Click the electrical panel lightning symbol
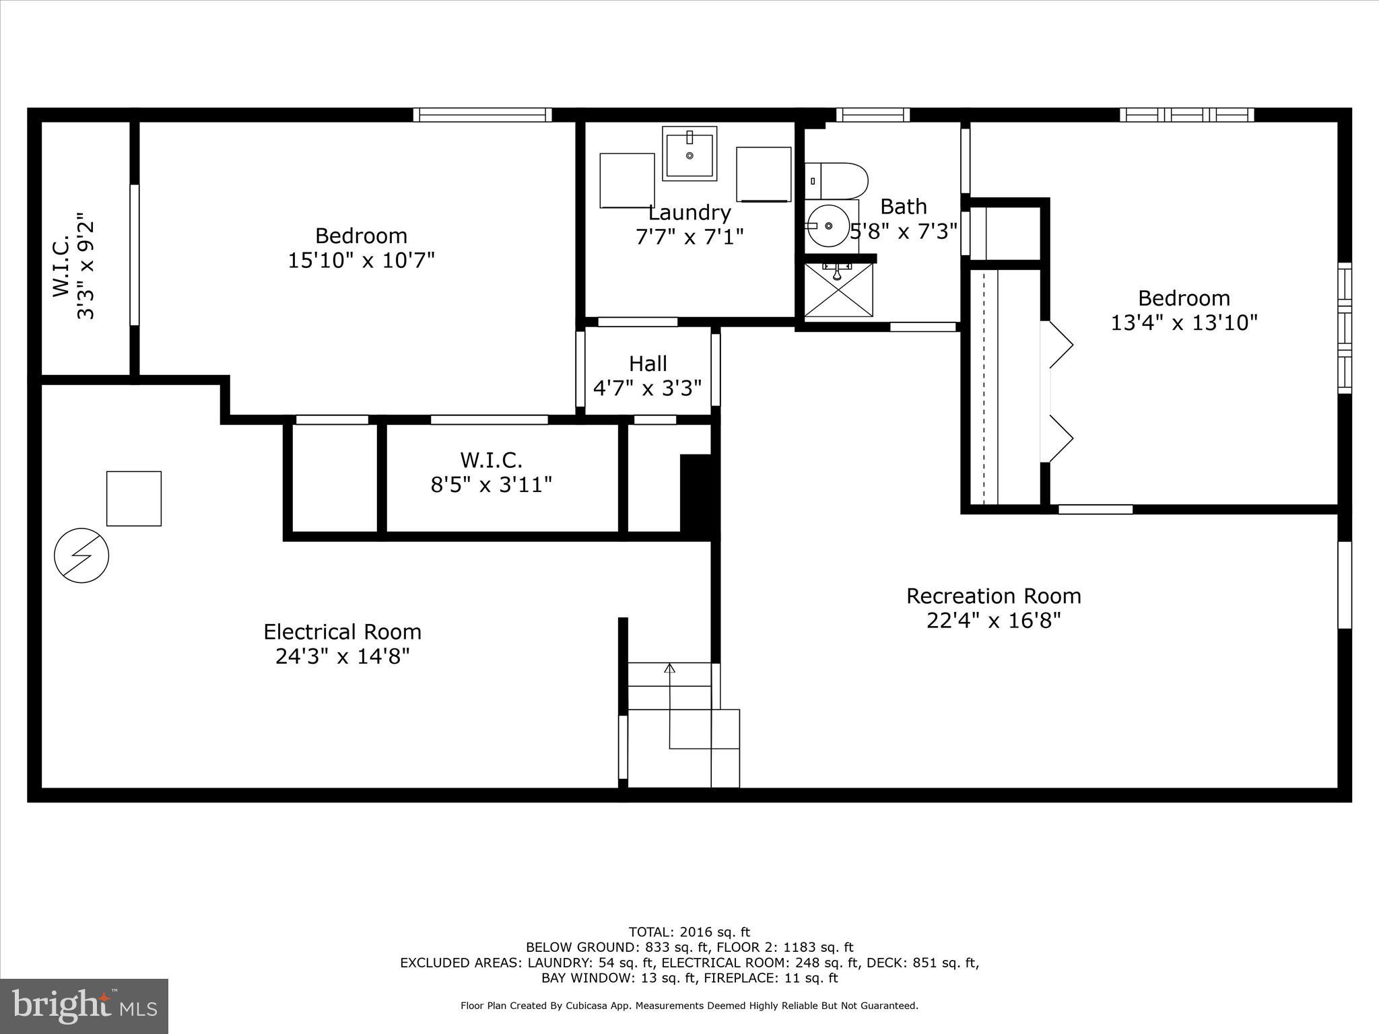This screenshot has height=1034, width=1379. [81, 555]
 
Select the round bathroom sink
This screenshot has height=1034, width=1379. [829, 226]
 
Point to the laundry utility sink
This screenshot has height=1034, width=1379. [689, 154]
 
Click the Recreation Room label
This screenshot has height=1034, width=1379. [993, 596]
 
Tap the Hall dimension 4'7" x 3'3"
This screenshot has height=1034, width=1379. [647, 388]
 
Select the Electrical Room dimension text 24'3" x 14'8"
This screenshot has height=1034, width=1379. [342, 656]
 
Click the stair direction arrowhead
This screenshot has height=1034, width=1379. [669, 668]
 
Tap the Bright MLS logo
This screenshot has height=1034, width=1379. [83, 1006]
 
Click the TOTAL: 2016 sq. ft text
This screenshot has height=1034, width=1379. [689, 932]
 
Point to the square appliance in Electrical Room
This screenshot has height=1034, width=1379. [134, 498]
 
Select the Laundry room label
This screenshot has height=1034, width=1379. [689, 213]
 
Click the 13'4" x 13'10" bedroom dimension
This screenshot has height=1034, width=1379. [1184, 323]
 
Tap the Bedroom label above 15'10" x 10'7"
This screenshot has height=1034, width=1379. [361, 236]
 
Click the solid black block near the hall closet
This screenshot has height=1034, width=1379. [698, 495]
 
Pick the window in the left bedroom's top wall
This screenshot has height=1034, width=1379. [482, 115]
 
